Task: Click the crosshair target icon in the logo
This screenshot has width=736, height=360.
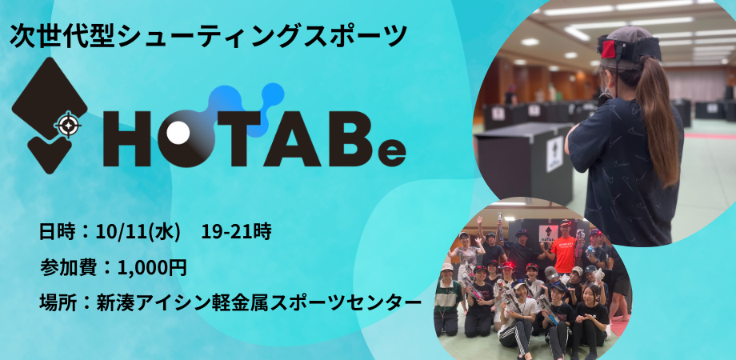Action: click(68, 124)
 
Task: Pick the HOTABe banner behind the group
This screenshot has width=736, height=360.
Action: click(548, 233)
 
